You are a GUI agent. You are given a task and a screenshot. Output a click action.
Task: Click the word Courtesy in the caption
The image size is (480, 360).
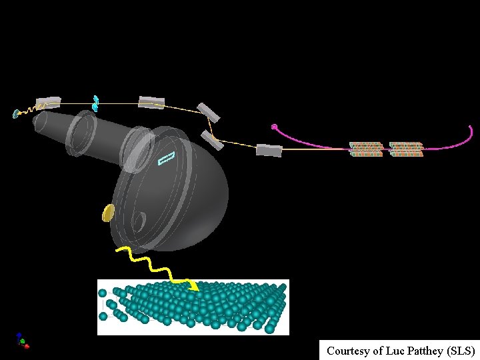[x=348, y=351]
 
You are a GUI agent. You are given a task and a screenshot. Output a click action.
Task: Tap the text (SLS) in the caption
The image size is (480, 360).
[x=460, y=351]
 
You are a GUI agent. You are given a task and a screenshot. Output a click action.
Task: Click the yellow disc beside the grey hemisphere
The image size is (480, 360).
[x=108, y=213]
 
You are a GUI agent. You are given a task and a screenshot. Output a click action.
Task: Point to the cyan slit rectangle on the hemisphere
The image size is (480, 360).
[x=166, y=158]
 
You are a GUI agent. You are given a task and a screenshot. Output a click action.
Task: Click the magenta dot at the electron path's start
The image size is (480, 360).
[x=274, y=126]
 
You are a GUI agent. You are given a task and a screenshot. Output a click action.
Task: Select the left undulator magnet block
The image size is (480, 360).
[x=367, y=149]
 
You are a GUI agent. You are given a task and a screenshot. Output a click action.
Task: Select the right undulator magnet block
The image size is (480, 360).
[x=406, y=149]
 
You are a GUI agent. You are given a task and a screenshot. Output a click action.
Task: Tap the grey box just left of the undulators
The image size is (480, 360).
[x=269, y=151]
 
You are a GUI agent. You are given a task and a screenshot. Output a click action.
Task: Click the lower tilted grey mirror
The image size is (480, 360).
[x=211, y=139]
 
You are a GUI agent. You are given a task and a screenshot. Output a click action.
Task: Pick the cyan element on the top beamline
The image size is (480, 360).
[x=96, y=103]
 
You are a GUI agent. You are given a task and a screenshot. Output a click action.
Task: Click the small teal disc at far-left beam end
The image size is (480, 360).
[x=15, y=114]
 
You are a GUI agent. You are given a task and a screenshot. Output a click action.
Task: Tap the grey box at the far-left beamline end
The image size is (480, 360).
[x=49, y=102]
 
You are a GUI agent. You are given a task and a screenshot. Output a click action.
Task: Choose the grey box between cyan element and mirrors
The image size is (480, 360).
[x=151, y=102]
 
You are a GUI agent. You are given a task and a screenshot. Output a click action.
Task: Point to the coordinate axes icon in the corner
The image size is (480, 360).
[x=22, y=341]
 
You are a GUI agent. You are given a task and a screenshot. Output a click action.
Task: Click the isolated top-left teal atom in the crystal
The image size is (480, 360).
[x=103, y=293]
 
